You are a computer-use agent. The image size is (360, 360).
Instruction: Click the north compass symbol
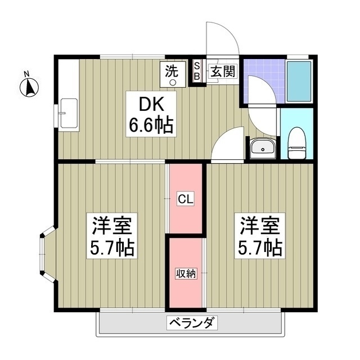pos(29,88)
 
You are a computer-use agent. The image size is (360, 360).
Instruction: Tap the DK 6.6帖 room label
pos(151,114)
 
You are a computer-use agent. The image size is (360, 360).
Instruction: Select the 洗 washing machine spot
pos(173,74)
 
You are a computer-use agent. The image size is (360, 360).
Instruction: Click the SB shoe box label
pos(197,71)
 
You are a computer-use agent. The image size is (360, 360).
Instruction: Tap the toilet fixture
pos(297,143)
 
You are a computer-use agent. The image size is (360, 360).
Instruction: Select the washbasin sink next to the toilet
pos(263,148)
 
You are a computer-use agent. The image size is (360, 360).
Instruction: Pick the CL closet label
pos(186,199)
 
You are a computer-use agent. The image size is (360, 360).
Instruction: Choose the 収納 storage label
pos(186,273)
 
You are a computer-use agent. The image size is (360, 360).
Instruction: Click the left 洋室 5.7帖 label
pos(112,236)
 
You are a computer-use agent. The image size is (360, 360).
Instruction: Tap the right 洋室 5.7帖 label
pos(260,236)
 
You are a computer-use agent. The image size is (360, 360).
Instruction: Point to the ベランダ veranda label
pos(192,323)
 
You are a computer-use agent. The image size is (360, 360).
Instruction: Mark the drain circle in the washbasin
pos(263,150)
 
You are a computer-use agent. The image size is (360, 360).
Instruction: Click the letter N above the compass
pos(27,74)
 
